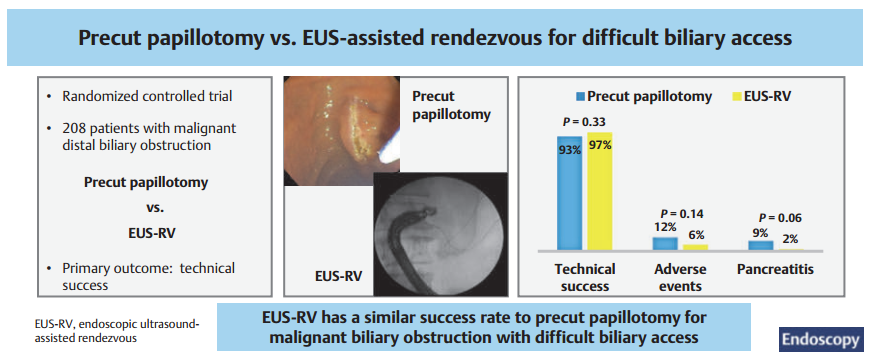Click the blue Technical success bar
click(x=569, y=193)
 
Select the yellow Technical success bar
click(x=599, y=191)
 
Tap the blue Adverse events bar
click(x=664, y=243)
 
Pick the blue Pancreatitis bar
click(x=760, y=245)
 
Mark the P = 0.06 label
click(x=780, y=218)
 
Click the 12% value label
click(x=664, y=228)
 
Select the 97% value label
click(x=600, y=146)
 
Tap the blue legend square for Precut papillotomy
click(x=580, y=97)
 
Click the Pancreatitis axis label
click(x=775, y=270)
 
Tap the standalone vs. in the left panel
click(x=147, y=208)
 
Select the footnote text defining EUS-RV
click(x=116, y=331)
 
